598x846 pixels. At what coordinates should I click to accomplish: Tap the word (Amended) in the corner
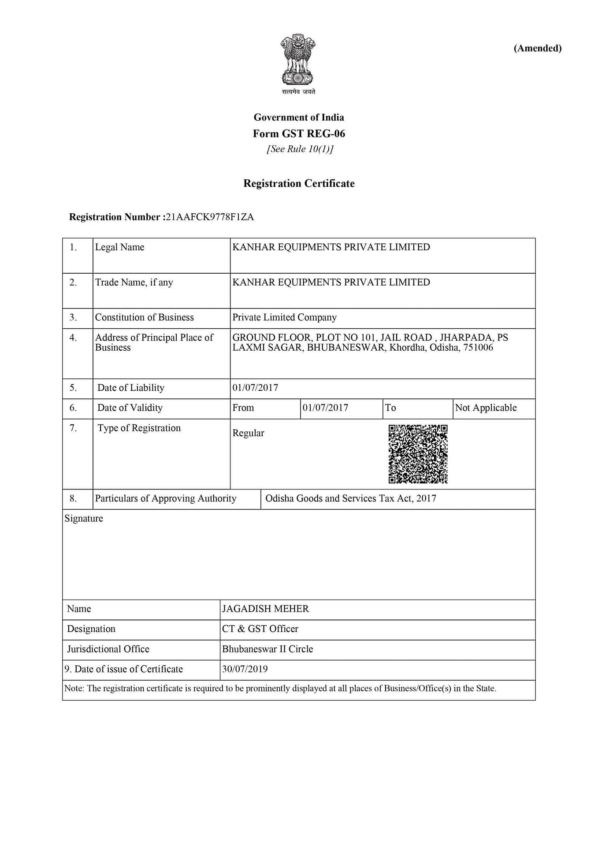[x=537, y=48]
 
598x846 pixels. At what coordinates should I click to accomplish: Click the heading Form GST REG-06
[x=299, y=134]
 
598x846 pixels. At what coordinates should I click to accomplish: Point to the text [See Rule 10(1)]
[x=300, y=149]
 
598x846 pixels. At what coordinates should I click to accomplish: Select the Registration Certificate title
[x=299, y=183]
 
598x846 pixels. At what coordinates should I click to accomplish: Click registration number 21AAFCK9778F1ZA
[x=210, y=217]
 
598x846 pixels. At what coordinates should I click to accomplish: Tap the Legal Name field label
[x=120, y=247]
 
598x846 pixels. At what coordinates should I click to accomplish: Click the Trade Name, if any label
[x=134, y=282]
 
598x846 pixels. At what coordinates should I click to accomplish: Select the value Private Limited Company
[x=284, y=317]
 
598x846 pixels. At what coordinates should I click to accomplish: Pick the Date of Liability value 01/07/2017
[x=255, y=388]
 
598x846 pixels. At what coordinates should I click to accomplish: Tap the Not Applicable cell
[x=486, y=408]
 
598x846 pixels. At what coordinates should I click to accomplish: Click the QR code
[x=418, y=454]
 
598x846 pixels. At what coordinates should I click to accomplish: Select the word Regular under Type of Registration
[x=248, y=433]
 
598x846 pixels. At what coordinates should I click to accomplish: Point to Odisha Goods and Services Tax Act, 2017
[x=351, y=498]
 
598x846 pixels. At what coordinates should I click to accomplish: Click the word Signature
[x=84, y=519]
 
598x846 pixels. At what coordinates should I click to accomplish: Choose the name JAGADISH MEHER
[x=265, y=609]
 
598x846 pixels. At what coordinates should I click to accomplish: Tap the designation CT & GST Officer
[x=260, y=629]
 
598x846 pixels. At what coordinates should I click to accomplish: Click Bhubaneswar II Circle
[x=267, y=649]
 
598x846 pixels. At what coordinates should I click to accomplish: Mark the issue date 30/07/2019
[x=245, y=669]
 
